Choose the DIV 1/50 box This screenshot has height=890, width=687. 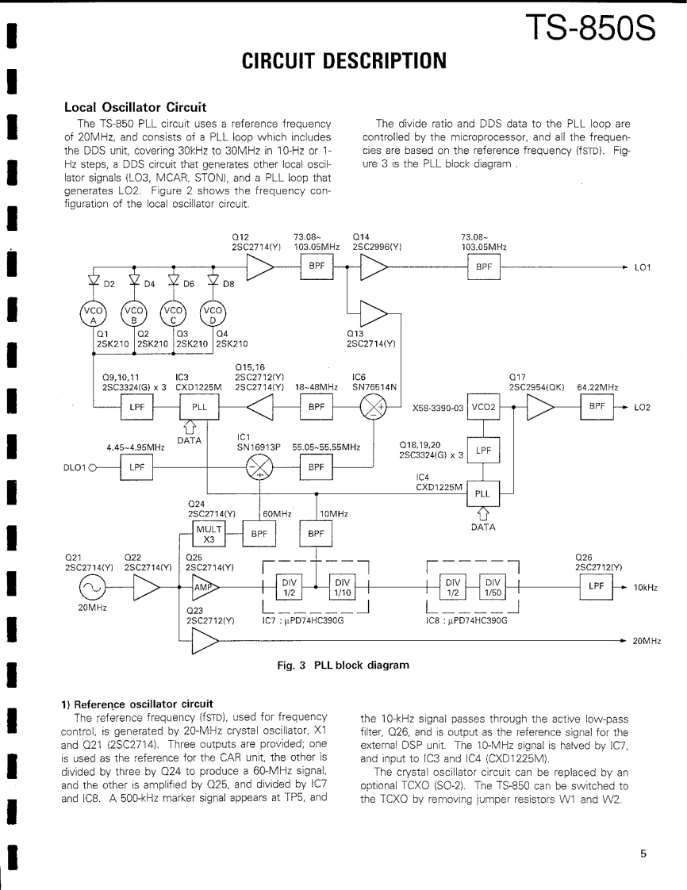(x=498, y=588)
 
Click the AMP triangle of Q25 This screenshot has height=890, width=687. (x=202, y=588)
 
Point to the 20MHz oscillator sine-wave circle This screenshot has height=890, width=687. (x=91, y=588)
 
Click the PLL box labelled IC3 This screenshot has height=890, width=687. (x=195, y=407)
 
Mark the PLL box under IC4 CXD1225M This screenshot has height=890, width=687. (x=482, y=493)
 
